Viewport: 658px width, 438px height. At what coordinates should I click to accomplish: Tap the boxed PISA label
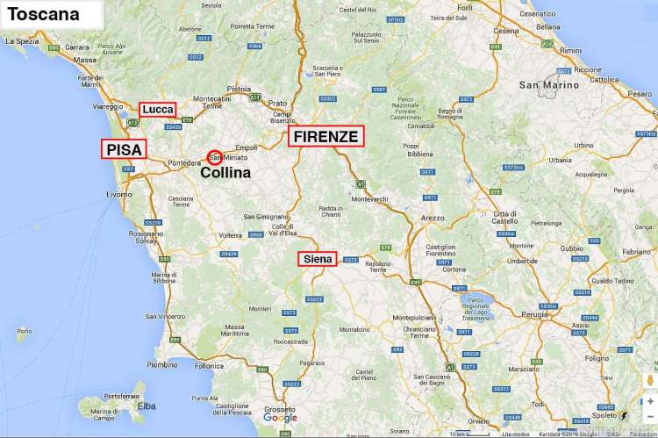pyautogui.click(x=125, y=149)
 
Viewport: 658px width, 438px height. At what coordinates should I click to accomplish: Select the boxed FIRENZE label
pyautogui.click(x=325, y=136)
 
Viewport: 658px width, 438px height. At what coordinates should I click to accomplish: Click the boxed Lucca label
pyautogui.click(x=158, y=109)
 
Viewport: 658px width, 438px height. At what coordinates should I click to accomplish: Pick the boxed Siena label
pyautogui.click(x=317, y=259)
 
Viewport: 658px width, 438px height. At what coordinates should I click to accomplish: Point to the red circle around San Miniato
pyautogui.click(x=214, y=157)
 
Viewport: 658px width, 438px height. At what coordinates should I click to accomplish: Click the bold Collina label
pyautogui.click(x=225, y=173)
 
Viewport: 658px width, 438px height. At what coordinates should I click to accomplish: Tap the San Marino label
pyautogui.click(x=549, y=85)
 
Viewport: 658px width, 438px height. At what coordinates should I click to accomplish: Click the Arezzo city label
pyautogui.click(x=433, y=217)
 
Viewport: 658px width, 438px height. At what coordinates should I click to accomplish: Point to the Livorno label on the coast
pyautogui.click(x=119, y=193)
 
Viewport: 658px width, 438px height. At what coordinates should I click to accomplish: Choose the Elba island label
pyautogui.click(x=147, y=406)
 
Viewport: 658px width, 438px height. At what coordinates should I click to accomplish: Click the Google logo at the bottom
pyautogui.click(x=280, y=418)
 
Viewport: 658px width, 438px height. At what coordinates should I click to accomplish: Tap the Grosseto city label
pyautogui.click(x=280, y=408)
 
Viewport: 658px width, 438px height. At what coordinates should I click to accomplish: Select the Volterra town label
pyautogui.click(x=231, y=234)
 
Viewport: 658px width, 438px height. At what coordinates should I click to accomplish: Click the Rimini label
pyautogui.click(x=570, y=50)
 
